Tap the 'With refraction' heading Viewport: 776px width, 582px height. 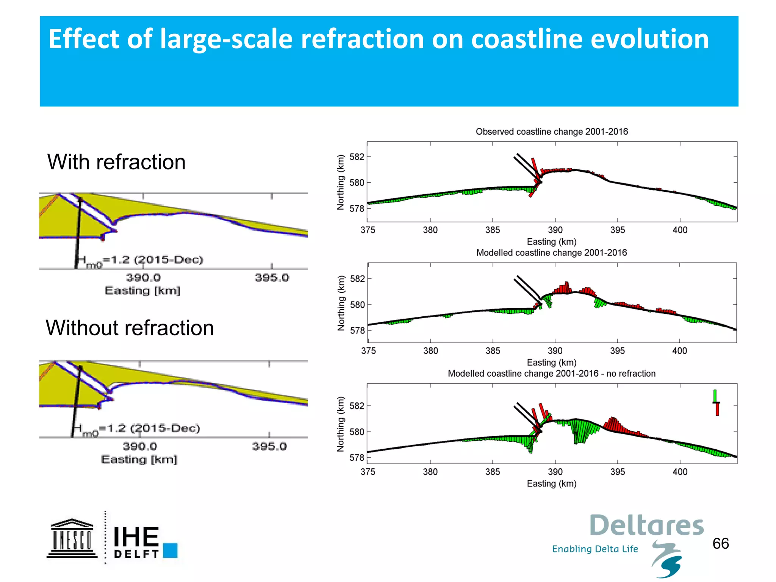click(x=116, y=162)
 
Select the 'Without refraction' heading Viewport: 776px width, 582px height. click(x=130, y=328)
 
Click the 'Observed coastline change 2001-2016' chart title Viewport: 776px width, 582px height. click(x=552, y=131)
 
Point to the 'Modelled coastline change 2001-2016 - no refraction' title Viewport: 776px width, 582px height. click(x=551, y=374)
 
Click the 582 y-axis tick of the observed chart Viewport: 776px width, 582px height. click(x=357, y=157)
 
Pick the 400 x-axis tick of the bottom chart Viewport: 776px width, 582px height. click(x=680, y=472)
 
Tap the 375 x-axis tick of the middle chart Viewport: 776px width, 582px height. click(x=368, y=351)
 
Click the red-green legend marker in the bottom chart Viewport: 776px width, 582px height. click(x=716, y=403)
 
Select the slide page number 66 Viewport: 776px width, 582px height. click(x=720, y=544)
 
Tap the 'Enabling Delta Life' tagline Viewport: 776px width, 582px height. click(x=595, y=549)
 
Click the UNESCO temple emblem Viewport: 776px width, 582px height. click(x=72, y=538)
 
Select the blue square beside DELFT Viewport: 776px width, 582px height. click(x=171, y=550)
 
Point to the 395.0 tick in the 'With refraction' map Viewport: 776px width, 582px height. click(x=272, y=278)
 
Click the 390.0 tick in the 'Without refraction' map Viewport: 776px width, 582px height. click(x=140, y=446)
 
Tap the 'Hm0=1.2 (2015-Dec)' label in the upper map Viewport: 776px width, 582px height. click(x=139, y=260)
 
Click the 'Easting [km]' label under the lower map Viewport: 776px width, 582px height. click(x=139, y=460)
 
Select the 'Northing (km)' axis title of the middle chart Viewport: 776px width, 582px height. click(x=341, y=303)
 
